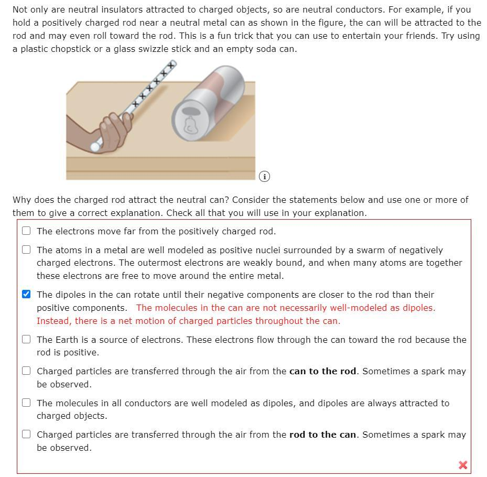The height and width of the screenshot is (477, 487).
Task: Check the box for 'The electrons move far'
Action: [x=26, y=231]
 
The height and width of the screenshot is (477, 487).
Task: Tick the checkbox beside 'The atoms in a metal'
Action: [x=26, y=250]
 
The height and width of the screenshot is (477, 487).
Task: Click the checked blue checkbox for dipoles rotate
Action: [x=26, y=294]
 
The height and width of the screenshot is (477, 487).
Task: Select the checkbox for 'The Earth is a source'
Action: [x=26, y=339]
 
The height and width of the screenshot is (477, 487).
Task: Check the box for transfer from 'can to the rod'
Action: [x=26, y=371]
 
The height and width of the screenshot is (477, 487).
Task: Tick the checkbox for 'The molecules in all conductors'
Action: [x=26, y=403]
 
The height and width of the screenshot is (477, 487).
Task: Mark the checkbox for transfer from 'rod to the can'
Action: [x=26, y=434]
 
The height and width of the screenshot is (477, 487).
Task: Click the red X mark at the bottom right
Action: [x=462, y=465]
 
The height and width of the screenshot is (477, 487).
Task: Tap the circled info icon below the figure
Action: [x=265, y=177]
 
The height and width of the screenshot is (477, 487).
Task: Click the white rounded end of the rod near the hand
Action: [x=95, y=146]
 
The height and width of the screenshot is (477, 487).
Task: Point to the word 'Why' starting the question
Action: [x=21, y=200]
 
